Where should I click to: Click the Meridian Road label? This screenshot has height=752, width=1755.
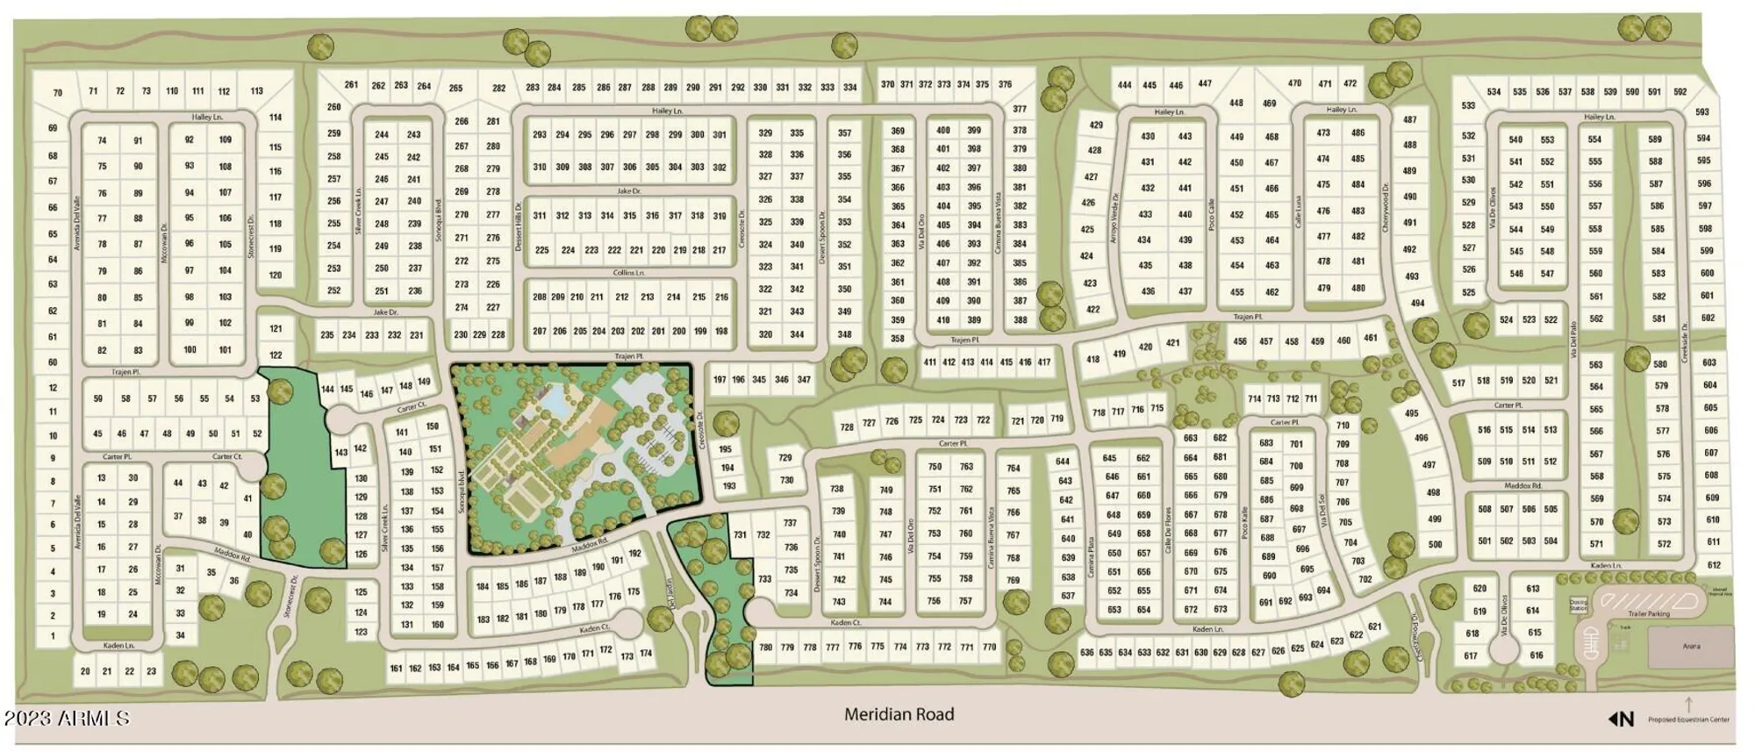[x=899, y=714]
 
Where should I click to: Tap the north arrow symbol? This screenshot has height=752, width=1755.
[x=1621, y=719]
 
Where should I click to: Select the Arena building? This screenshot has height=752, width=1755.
[x=1690, y=647]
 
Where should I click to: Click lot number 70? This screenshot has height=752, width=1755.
[x=58, y=92]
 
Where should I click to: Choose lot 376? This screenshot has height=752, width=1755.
[x=1005, y=84]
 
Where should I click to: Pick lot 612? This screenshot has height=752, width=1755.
[x=1713, y=565]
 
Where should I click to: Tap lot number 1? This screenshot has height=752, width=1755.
[x=53, y=636]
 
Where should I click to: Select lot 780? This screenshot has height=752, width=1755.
[x=765, y=648]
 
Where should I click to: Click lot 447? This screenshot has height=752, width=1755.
[x=1205, y=84]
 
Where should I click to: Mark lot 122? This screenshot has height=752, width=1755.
[x=276, y=355]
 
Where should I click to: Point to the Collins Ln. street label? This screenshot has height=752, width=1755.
[x=628, y=273]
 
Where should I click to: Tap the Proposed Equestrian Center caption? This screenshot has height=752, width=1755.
[x=1688, y=720]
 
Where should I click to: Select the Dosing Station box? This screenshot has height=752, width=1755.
[x=1578, y=605]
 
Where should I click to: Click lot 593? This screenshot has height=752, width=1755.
[x=1701, y=112]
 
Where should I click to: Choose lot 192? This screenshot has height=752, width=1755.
[x=634, y=554]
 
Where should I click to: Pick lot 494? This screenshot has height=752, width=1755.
[x=1417, y=303]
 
